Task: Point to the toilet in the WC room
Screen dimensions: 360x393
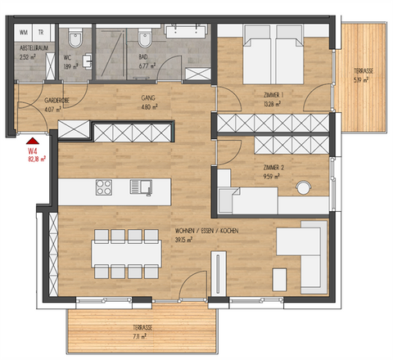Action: [75, 38]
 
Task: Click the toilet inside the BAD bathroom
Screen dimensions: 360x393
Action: [145, 38]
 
